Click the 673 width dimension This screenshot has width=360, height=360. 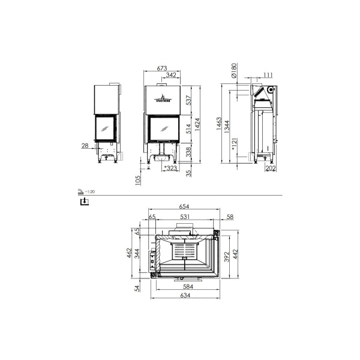[161, 68]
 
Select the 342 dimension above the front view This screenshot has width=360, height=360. [171, 75]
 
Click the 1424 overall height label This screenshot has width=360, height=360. [199, 124]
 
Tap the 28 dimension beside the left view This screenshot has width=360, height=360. [85, 146]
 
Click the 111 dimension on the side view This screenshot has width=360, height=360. [268, 74]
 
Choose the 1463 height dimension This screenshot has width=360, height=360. [220, 124]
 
